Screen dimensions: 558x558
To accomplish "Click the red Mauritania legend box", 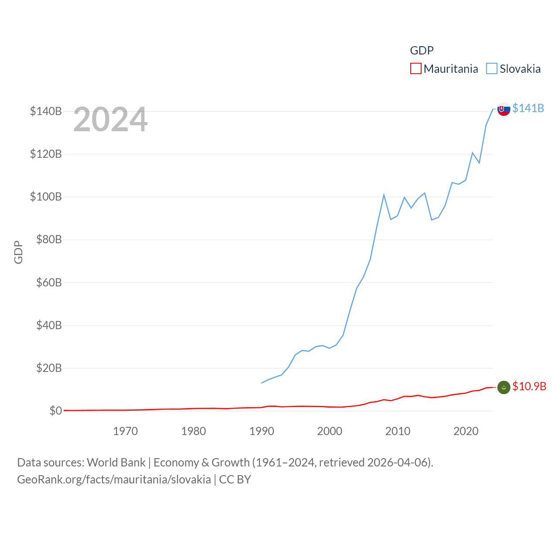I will pyautogui.click(x=416, y=69).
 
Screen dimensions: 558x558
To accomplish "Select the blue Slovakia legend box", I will pyautogui.click(x=492, y=69).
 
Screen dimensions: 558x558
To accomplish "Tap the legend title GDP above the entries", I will pyautogui.click(x=422, y=51).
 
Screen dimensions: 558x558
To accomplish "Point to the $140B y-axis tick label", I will pyautogui.click(x=46, y=111).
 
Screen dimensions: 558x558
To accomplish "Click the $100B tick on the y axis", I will pyautogui.click(x=46, y=197).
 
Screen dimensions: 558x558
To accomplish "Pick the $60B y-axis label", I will pyautogui.click(x=49, y=282).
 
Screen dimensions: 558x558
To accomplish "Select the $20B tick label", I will pyautogui.click(x=49, y=368).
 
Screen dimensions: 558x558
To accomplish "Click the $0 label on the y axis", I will pyautogui.click(x=55, y=411).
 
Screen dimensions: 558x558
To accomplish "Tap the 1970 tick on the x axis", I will pyautogui.click(x=125, y=431).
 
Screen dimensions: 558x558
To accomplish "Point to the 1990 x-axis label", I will pyautogui.click(x=262, y=431).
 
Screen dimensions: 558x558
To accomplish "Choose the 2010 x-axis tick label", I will pyautogui.click(x=398, y=431).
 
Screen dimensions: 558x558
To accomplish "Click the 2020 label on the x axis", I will pyautogui.click(x=466, y=431).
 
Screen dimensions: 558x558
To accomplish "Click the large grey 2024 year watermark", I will pyautogui.click(x=110, y=119).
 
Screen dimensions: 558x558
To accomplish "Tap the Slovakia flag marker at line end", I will pyautogui.click(x=504, y=109).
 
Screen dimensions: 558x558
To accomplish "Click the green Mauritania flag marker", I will pyautogui.click(x=504, y=387).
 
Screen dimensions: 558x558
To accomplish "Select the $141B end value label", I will pyautogui.click(x=528, y=108).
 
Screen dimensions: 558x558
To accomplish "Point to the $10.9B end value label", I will pyautogui.click(x=529, y=386).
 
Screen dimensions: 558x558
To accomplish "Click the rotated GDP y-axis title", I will pyautogui.click(x=18, y=252).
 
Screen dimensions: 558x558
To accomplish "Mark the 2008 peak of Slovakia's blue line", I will pyautogui.click(x=384, y=195).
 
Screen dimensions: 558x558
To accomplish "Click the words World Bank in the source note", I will pyautogui.click(x=116, y=462).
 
